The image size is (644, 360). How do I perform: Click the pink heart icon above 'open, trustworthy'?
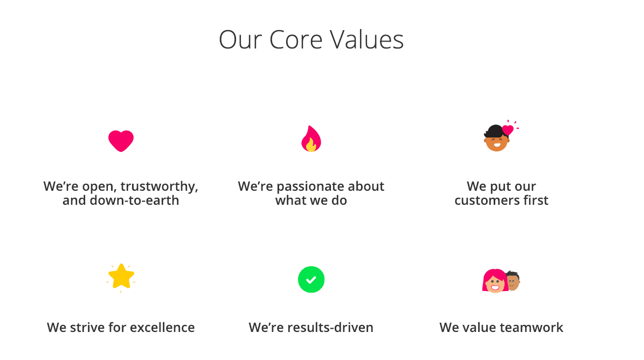coord(121,141)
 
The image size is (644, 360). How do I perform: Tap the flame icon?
coord(311,139)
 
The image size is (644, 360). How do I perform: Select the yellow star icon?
coord(121,276)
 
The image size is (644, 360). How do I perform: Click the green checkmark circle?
coord(311,280)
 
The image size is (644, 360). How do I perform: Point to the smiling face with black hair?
coord(496,139)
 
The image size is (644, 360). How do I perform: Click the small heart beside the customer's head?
coord(508,130)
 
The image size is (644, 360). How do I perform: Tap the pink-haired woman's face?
coord(495,282)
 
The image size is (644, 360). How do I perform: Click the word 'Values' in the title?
coord(367,40)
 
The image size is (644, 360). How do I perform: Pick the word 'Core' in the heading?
coord(296,40)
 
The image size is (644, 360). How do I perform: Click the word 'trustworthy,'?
coord(160,186)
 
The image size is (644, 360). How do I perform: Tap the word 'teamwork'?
coord(531,328)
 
